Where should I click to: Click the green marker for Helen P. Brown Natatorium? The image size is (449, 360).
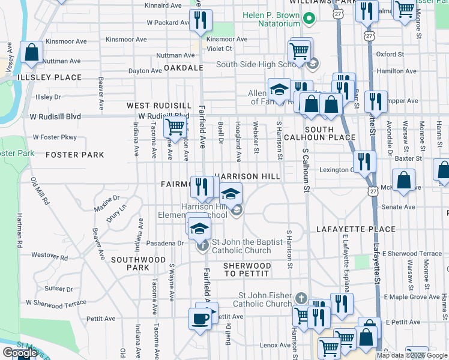point(310,19)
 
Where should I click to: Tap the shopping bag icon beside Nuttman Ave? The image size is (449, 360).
point(31,52)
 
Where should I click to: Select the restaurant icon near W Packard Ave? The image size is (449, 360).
point(200,20)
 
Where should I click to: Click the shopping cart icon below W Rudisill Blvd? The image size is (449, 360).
point(174,127)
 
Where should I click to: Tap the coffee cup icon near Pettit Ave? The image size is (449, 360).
point(200,318)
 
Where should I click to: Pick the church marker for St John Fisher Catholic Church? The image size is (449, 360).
point(301,298)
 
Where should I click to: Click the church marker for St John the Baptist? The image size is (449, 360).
point(203,245)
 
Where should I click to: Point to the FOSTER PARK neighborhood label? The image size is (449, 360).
point(74,155)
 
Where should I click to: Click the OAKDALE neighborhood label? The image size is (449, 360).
point(184,68)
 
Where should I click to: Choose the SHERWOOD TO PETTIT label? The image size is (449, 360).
point(247,269)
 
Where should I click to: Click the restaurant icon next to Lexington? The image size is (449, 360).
point(364,161)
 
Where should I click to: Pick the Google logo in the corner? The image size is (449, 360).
point(19,353)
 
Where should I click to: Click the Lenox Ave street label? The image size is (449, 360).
point(275,345)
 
